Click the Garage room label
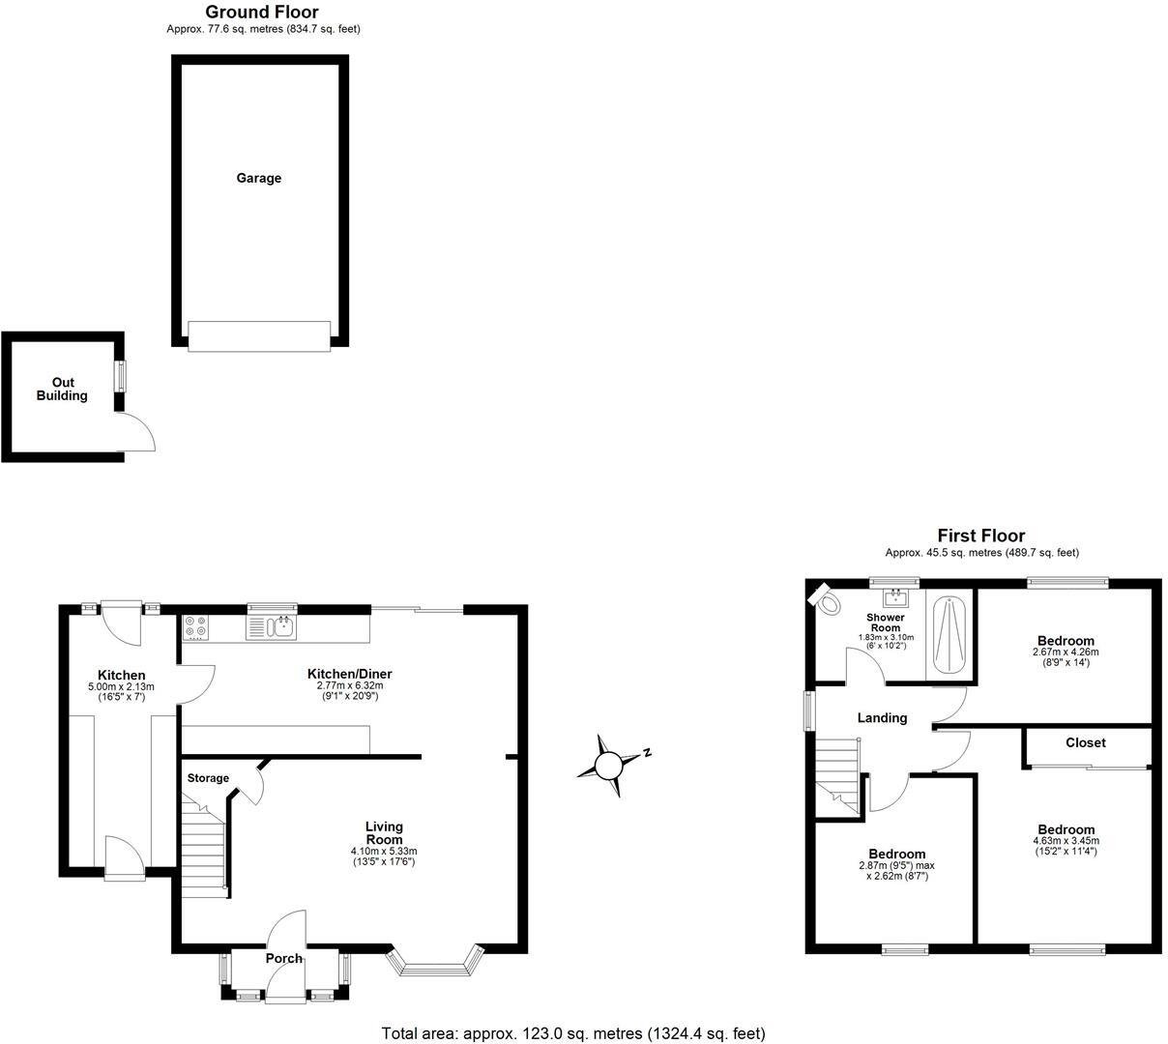coord(259,178)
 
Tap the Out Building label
coord(62,389)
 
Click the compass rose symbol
coord(609,767)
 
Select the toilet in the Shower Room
coord(825,600)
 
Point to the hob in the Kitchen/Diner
coord(194,626)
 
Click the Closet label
coord(1085,742)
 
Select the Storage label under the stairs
coord(208,778)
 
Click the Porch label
coord(284,959)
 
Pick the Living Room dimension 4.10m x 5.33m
coord(383,852)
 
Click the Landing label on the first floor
coord(882,718)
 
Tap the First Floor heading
coord(980,536)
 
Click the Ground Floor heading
coord(262,12)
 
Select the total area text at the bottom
coord(573,1033)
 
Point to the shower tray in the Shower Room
coord(949,636)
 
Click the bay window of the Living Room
coord(434,963)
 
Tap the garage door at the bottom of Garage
coord(258,336)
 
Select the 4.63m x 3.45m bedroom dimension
coord(1066,842)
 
